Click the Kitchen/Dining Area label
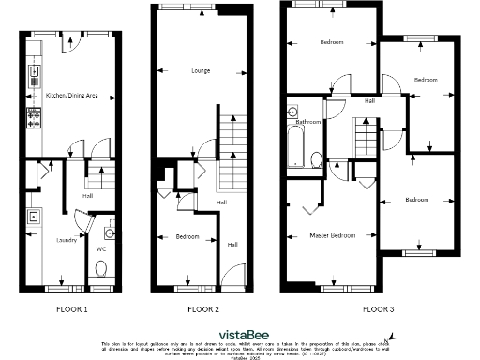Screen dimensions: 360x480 (72, 96)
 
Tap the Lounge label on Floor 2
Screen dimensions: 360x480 (200, 70)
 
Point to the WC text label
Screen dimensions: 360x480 (101, 249)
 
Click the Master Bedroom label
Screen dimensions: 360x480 (332, 234)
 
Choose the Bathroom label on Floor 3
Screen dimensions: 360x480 (309, 123)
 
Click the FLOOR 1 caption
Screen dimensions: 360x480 (72, 308)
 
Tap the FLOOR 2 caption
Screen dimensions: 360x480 (203, 308)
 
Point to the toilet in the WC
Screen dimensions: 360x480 (101, 269)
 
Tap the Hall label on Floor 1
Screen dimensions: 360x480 (86, 197)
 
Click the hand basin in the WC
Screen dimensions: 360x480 (110, 231)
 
